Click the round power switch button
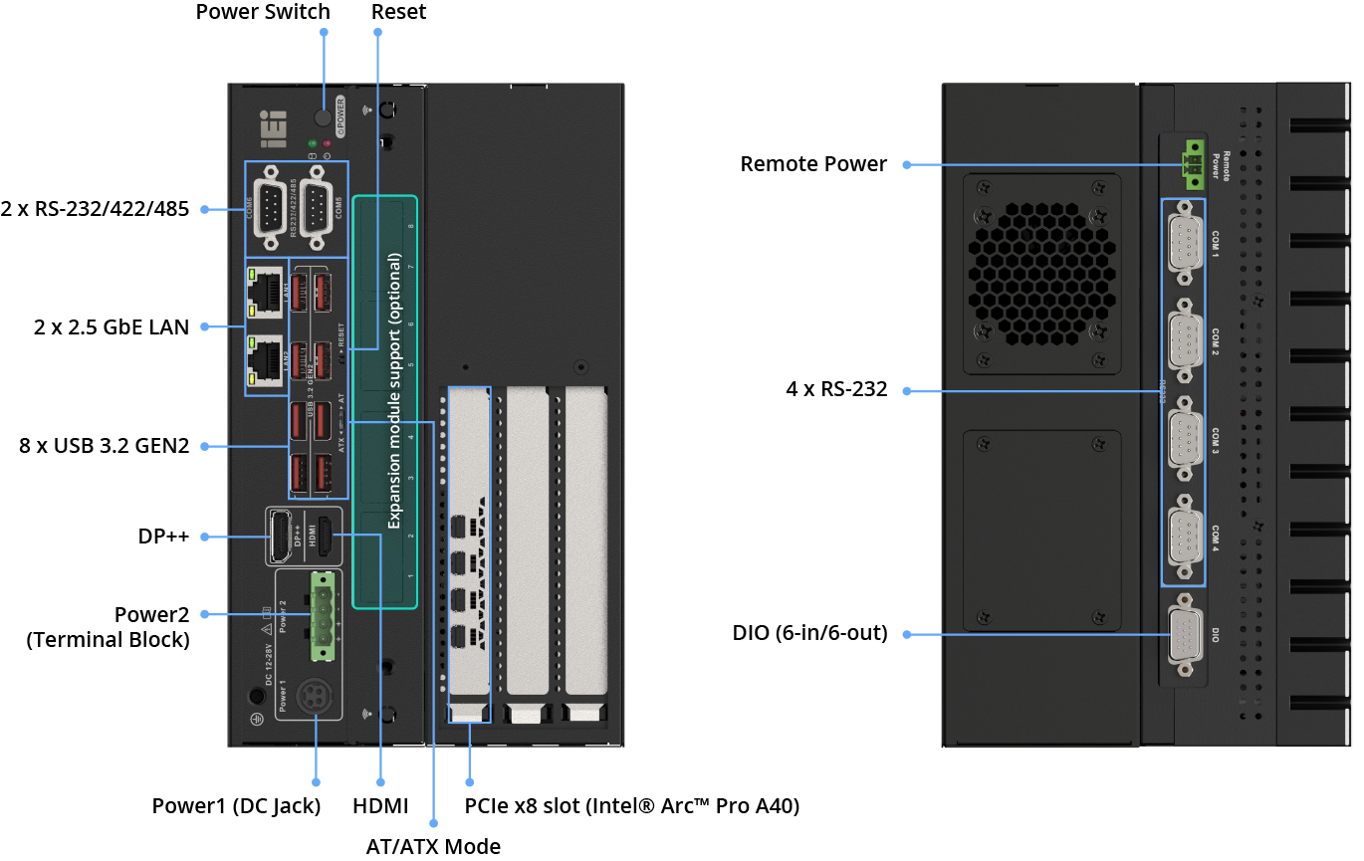[x=323, y=117]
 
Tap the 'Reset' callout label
[x=398, y=12]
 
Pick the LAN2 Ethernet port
[x=267, y=359]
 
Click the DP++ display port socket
[x=281, y=536]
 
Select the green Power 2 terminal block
[x=324, y=614]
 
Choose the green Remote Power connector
[x=1191, y=165]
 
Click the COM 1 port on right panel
[x=1183, y=243]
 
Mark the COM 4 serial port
[x=1183, y=537]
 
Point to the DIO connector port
[x=1183, y=634]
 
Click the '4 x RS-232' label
[x=836, y=390]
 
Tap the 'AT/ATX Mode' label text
[x=433, y=846]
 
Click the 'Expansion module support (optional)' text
[x=394, y=390]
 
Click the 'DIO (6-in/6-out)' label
[x=809, y=632]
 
